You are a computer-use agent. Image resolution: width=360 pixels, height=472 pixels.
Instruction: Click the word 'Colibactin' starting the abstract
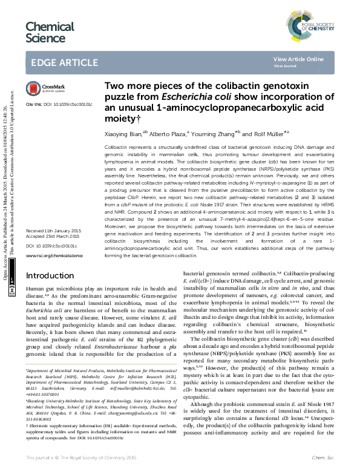(x=117, y=148)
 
